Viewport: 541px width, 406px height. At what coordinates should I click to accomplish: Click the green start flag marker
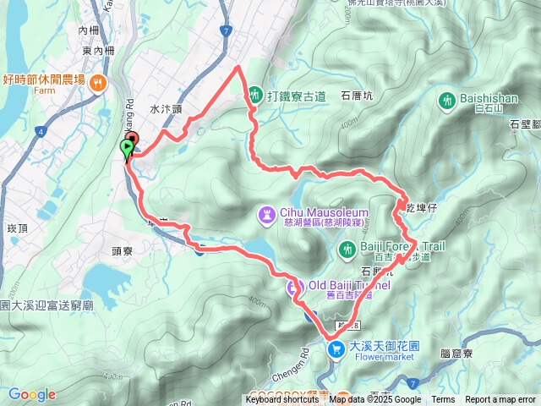[x=127, y=150]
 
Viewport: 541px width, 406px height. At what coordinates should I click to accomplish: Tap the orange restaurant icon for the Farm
[x=100, y=82]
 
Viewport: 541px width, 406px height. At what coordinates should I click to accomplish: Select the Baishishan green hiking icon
[x=447, y=100]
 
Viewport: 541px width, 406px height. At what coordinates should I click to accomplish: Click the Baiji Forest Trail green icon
[x=346, y=250]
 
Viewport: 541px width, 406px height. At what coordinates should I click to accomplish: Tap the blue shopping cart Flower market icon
[x=336, y=348]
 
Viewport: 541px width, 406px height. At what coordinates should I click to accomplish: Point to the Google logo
[x=32, y=394]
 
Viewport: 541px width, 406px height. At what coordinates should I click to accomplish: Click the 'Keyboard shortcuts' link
[x=282, y=400]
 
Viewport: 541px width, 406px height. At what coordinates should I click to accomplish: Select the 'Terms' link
[x=443, y=400]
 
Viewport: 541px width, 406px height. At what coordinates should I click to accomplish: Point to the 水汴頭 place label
[x=167, y=109]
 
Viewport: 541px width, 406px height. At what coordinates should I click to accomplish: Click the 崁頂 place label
[x=18, y=228]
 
